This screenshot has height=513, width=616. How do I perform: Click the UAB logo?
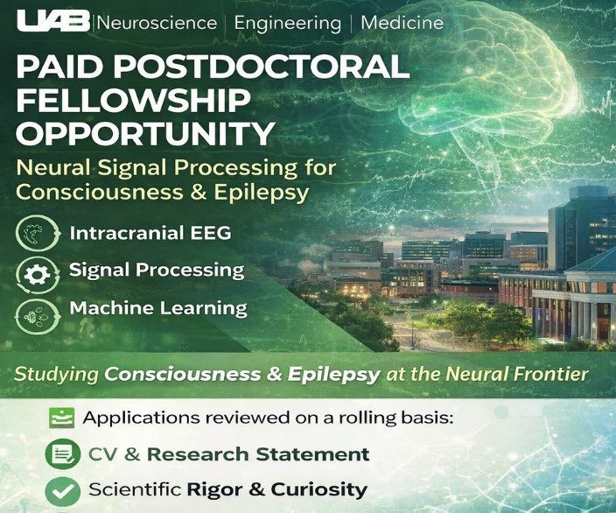click(48, 21)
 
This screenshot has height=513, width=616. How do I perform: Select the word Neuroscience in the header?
click(157, 22)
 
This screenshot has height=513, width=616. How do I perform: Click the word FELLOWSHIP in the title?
click(119, 101)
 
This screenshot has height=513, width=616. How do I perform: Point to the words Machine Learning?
click(157, 308)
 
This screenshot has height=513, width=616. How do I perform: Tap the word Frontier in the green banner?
click(550, 375)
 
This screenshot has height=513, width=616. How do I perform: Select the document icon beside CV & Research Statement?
click(60, 454)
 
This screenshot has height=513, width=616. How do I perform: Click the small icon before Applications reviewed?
click(60, 418)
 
